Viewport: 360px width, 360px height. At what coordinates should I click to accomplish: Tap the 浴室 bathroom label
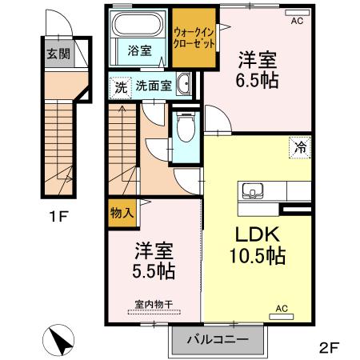click(139, 50)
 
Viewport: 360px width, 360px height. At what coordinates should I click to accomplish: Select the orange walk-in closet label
click(194, 37)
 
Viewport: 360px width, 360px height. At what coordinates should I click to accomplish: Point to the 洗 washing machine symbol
click(119, 86)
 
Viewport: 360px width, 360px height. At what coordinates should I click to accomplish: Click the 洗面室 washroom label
click(153, 86)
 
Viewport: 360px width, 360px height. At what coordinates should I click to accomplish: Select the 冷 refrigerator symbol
click(300, 147)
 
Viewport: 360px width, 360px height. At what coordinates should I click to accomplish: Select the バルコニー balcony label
click(217, 339)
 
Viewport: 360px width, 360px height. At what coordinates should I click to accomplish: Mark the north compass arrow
click(61, 342)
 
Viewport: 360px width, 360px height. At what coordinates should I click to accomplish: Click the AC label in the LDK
click(281, 308)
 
